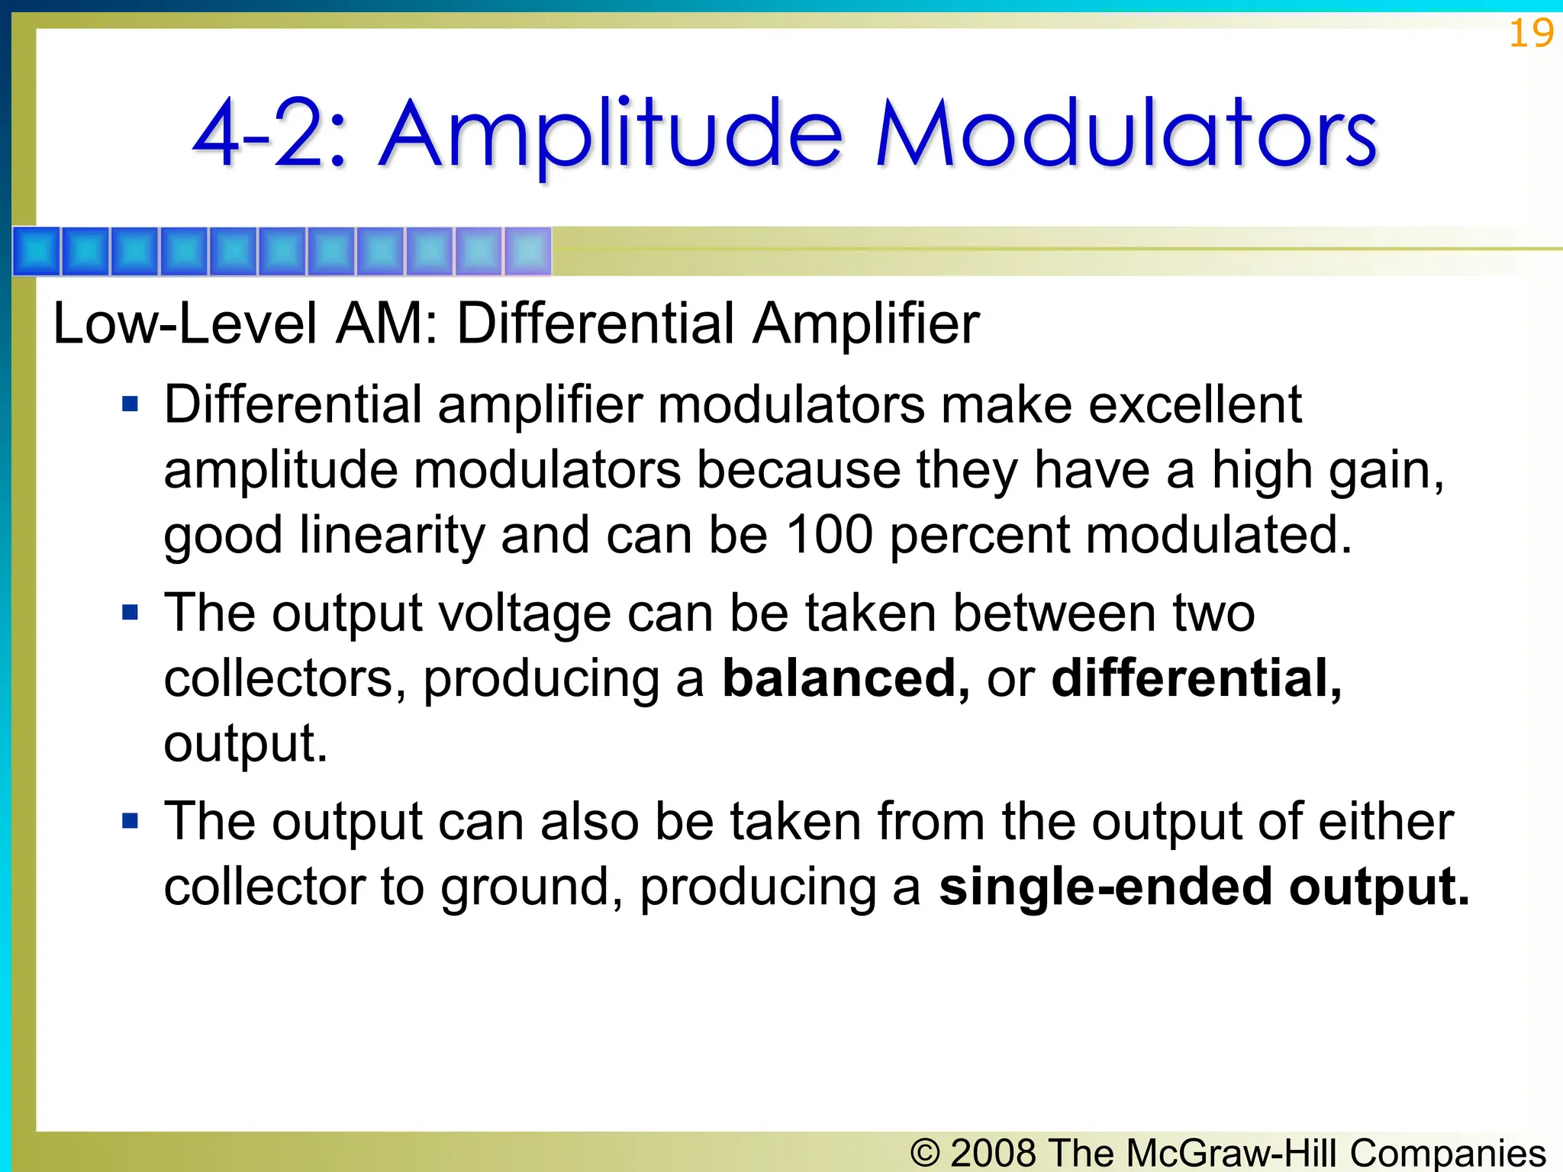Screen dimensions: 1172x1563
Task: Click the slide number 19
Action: coord(1530,34)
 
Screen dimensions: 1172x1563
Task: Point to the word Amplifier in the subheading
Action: coord(865,324)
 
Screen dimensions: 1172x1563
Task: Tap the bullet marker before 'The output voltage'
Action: coord(131,612)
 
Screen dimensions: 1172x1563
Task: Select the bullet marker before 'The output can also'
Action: coord(131,821)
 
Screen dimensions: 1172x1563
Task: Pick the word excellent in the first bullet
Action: coord(1194,404)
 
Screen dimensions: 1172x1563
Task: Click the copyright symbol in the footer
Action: coord(925,1152)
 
